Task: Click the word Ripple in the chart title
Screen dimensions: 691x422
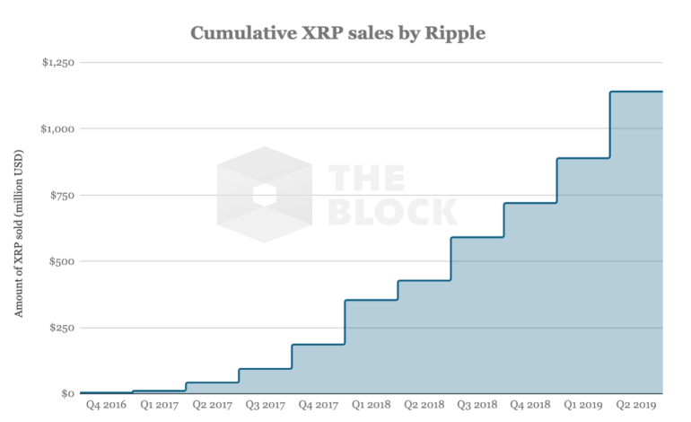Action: (x=455, y=33)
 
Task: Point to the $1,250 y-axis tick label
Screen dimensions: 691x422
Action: (x=58, y=62)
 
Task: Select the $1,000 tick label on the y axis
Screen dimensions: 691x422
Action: (x=57, y=128)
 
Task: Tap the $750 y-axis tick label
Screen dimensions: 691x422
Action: (x=62, y=195)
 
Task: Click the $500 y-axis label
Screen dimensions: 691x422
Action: (x=62, y=261)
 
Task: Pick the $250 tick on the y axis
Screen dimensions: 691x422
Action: (x=62, y=328)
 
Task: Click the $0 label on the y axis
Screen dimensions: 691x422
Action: (x=67, y=393)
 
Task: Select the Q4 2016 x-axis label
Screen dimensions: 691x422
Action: (x=106, y=405)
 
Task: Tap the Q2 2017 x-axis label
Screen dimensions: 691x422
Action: (x=212, y=405)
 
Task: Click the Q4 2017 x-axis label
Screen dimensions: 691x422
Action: (x=319, y=405)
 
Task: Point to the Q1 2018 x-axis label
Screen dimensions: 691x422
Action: (x=371, y=405)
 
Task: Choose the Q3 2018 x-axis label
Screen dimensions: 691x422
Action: (x=477, y=405)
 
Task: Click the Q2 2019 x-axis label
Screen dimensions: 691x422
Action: (x=636, y=405)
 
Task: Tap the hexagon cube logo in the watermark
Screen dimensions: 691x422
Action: (x=265, y=195)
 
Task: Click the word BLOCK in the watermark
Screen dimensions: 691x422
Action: (x=393, y=212)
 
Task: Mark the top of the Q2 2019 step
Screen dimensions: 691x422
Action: (x=636, y=92)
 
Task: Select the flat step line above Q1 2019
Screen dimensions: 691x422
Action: (x=583, y=158)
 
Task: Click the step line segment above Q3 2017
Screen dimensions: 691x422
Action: (x=266, y=369)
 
